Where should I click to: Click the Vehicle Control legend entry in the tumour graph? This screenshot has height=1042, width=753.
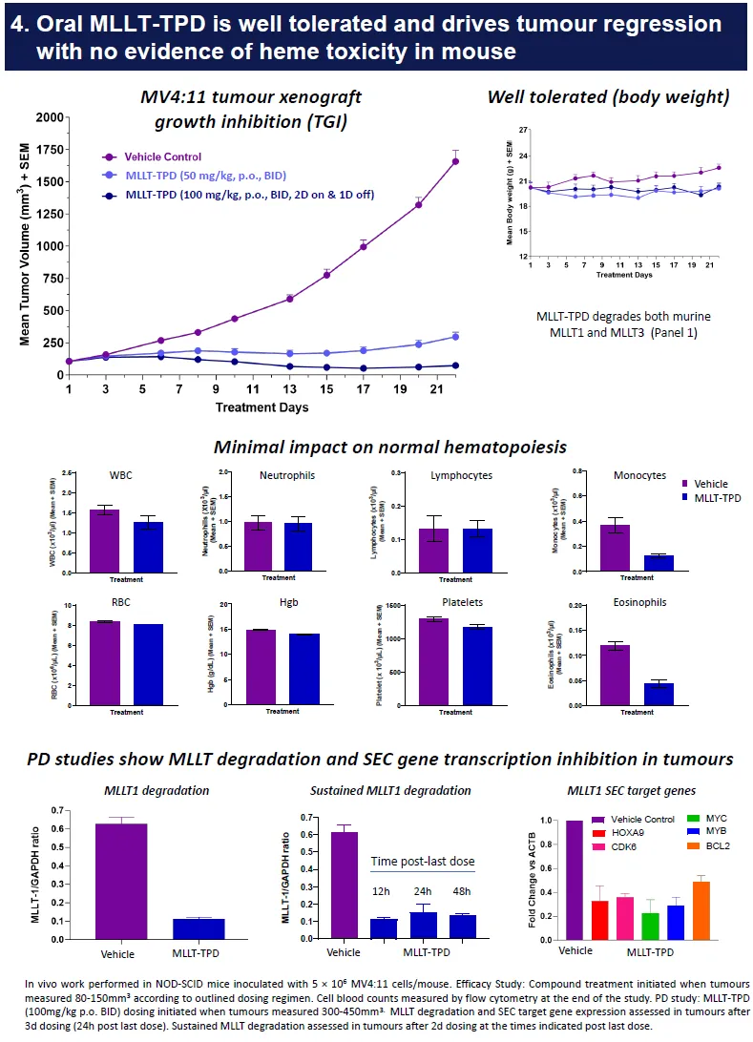[163, 156]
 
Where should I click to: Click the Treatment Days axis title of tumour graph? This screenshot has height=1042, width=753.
[261, 407]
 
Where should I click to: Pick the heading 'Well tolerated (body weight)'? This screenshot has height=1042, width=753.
[608, 97]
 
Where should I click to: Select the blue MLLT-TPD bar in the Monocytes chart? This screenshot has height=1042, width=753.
[659, 562]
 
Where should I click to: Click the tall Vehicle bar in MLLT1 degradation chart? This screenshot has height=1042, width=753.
[120, 884]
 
